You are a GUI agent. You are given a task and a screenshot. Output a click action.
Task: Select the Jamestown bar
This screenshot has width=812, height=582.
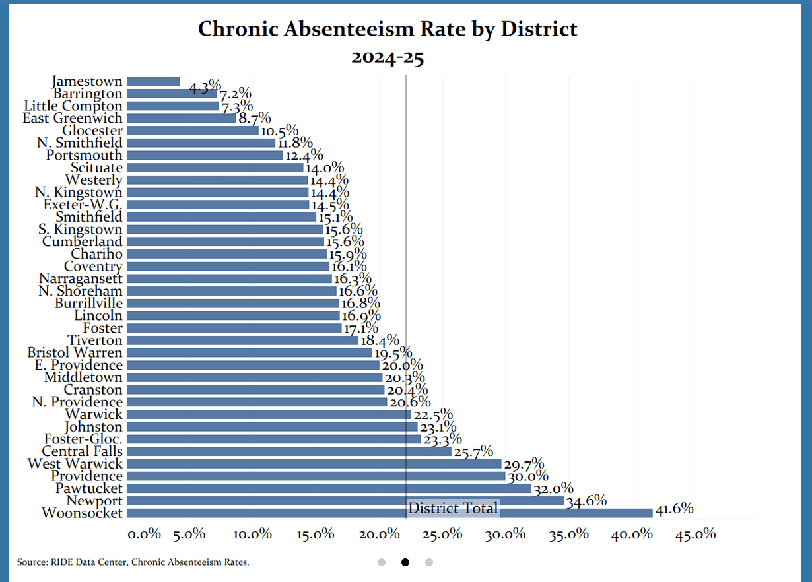click(153, 81)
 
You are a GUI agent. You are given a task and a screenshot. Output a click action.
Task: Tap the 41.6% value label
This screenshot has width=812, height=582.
click(674, 508)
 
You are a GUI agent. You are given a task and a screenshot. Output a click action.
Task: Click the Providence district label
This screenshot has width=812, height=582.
click(86, 476)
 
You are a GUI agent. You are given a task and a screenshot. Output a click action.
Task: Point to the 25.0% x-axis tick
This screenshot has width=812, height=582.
click(442, 534)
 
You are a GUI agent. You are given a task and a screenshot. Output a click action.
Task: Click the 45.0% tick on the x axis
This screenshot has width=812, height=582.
click(695, 534)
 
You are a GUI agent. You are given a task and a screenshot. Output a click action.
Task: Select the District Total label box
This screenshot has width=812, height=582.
click(453, 508)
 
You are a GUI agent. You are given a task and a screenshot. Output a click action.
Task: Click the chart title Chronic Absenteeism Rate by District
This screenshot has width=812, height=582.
click(388, 29)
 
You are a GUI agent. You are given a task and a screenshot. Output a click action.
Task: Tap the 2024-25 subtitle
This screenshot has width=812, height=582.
click(388, 57)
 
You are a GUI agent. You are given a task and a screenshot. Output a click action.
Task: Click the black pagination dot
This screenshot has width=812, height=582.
click(405, 562)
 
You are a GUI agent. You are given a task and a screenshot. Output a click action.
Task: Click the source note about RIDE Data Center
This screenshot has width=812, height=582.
click(133, 562)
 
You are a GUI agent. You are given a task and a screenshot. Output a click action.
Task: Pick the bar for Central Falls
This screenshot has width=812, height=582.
click(288, 451)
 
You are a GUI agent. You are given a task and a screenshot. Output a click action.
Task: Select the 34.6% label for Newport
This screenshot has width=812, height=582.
click(586, 500)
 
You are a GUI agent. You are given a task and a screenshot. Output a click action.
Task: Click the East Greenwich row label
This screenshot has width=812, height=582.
click(73, 118)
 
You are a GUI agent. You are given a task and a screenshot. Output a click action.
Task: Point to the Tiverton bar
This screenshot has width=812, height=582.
click(242, 340)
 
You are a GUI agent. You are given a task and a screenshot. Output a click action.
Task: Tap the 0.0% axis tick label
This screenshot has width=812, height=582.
click(144, 534)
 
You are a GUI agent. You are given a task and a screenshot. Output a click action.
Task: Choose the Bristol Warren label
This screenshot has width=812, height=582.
click(75, 352)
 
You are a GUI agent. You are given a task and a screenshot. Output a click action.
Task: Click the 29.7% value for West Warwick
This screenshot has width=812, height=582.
click(524, 463)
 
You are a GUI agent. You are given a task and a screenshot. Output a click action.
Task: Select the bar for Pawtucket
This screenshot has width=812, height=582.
click(329, 488)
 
